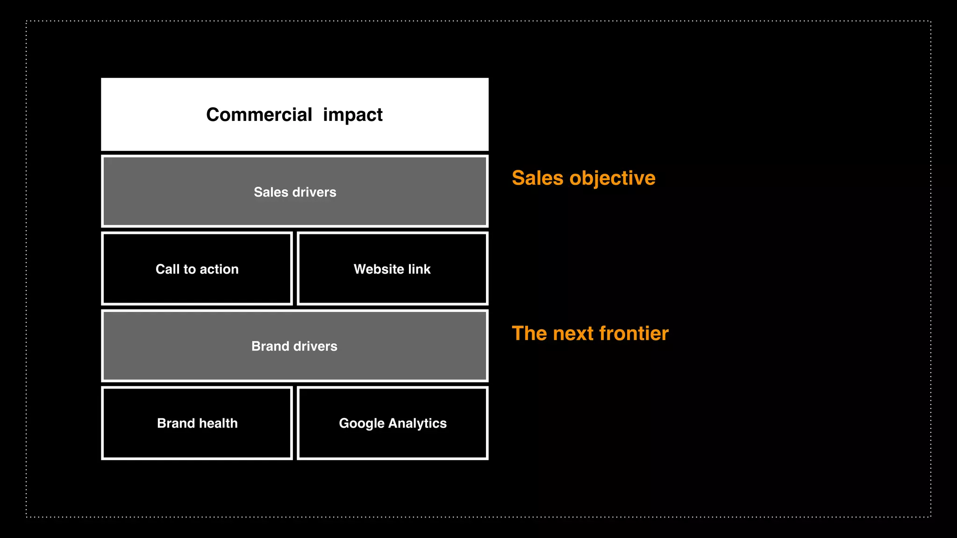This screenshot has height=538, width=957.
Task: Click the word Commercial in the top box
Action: click(259, 115)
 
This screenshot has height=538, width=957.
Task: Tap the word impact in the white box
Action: click(353, 115)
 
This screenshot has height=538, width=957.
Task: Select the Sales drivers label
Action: click(295, 192)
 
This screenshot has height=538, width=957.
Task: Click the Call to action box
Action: click(197, 269)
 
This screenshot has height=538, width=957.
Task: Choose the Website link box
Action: click(393, 269)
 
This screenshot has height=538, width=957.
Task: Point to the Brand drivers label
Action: click(294, 346)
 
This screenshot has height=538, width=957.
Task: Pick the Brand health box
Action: click(197, 423)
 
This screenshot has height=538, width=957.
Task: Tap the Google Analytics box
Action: click(393, 423)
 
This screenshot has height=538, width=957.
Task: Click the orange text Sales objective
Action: click(584, 178)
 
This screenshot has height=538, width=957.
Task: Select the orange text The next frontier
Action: click(590, 333)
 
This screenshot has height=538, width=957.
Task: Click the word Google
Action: click(361, 424)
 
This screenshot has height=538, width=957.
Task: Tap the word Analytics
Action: click(417, 424)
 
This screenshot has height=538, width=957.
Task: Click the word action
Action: click(219, 269)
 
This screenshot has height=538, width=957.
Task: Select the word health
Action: click(218, 423)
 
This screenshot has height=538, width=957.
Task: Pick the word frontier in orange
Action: click(634, 333)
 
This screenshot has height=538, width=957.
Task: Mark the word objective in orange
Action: click(613, 178)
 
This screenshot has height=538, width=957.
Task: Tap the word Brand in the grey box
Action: click(270, 346)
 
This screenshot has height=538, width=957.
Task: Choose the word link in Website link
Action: click(419, 269)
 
